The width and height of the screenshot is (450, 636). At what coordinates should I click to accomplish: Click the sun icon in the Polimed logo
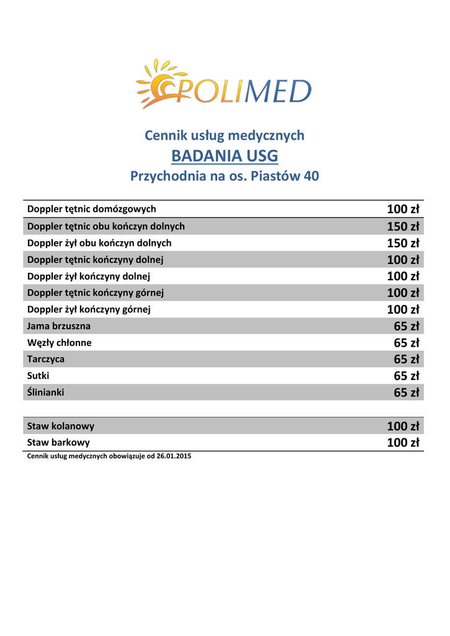coord(156,84)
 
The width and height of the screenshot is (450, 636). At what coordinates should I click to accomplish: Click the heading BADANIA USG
coord(225,155)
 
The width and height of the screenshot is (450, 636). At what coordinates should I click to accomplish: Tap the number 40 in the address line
coord(311,176)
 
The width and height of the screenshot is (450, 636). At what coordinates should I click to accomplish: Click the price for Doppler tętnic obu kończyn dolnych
coord(403,226)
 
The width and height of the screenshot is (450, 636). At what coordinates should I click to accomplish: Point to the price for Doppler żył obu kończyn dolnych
coord(403,243)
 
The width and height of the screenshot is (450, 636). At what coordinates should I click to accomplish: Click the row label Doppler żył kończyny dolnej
coord(89,276)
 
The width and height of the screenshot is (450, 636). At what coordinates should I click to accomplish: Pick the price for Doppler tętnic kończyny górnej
coord(403,293)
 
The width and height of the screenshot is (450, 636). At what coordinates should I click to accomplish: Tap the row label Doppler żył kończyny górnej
coord(89,309)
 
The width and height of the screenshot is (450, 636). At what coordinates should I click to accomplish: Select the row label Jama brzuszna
coord(59,326)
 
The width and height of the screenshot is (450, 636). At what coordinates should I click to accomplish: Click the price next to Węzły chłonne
coord(407,343)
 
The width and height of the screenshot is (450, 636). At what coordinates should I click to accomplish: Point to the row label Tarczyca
coord(46,359)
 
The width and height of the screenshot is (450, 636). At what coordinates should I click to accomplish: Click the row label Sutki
coord(38,376)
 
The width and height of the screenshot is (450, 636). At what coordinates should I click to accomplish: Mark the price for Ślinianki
coord(407,393)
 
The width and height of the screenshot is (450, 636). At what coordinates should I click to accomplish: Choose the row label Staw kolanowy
coord(61,426)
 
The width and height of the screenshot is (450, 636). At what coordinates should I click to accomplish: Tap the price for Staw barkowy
coord(403,443)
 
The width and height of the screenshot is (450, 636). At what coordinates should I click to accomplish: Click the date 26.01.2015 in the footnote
coord(174,457)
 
